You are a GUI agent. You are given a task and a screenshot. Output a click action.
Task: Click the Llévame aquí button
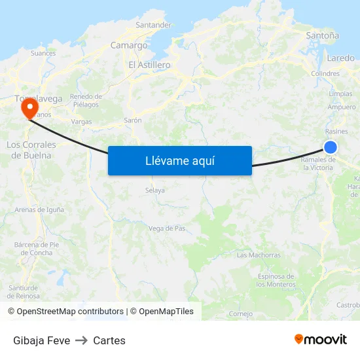(x=179, y=160)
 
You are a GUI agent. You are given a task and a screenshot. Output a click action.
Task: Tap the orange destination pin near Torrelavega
(x=29, y=107)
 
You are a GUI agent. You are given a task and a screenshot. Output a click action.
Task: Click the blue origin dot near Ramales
(x=331, y=147)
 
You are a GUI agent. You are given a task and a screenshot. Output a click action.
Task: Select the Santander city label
(x=153, y=26)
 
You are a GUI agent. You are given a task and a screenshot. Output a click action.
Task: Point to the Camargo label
(x=129, y=46)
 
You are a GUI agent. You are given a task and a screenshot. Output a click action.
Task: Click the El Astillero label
(x=149, y=65)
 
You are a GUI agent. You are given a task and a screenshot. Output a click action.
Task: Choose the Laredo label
(x=340, y=58)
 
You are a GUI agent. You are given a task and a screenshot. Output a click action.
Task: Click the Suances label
(x=43, y=52)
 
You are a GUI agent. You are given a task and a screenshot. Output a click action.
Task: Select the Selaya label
(x=154, y=190)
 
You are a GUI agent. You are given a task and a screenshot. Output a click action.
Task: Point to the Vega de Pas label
(x=167, y=228)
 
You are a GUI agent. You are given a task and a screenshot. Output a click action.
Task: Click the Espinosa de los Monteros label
(x=276, y=280)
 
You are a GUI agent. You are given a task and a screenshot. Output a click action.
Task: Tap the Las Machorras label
(x=259, y=255)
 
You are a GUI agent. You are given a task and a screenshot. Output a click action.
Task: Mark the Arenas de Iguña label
(x=39, y=209)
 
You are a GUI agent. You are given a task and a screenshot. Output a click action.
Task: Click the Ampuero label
(x=342, y=107)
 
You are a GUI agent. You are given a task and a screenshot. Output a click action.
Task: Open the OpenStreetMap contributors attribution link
(x=70, y=312)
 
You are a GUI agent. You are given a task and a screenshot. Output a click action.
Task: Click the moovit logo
(x=320, y=339)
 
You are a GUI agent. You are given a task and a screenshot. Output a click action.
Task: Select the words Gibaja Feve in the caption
(x=41, y=340)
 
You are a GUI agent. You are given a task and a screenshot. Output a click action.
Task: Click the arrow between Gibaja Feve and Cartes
(x=82, y=340)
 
